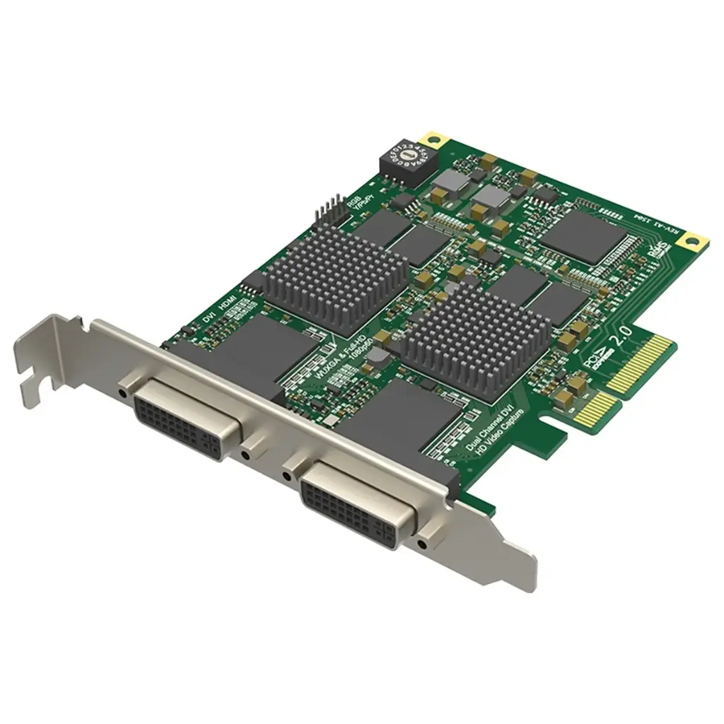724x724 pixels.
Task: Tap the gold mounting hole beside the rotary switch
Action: [433, 139]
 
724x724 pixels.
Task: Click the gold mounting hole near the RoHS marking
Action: [691, 243]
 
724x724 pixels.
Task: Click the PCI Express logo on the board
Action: [588, 357]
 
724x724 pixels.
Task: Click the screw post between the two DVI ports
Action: [249, 450]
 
